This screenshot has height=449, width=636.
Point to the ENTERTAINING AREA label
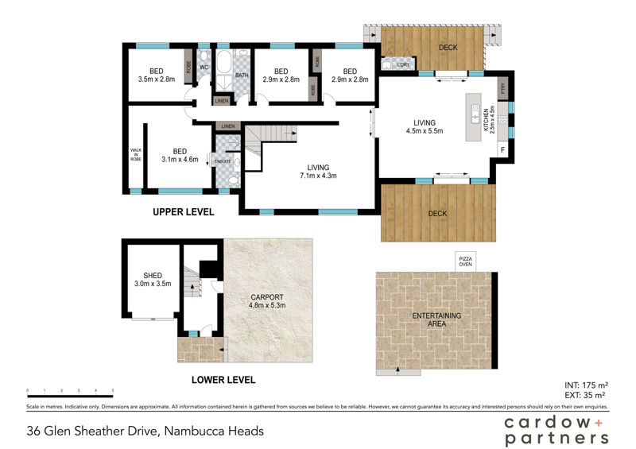pos(436,320)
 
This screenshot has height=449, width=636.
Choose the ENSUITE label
pos(222,161)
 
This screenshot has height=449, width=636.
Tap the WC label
pos(204,68)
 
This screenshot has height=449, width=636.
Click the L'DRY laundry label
pos(391,65)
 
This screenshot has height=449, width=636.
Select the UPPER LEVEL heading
pos(184,213)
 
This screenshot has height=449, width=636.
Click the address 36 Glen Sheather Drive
pos(145,432)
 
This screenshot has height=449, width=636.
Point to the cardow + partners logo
pos(556,430)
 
